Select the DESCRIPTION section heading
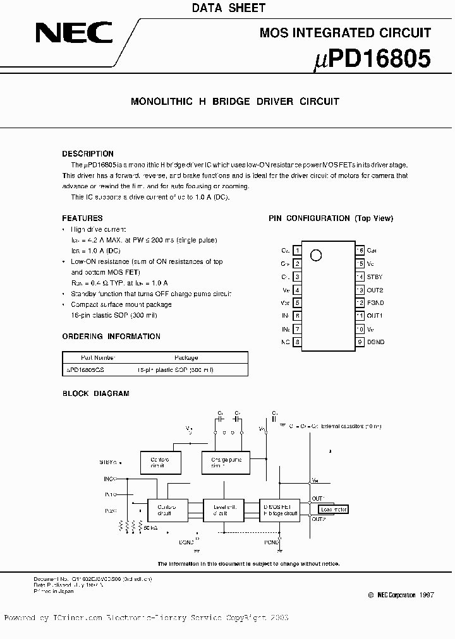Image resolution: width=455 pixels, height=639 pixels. tap(88, 153)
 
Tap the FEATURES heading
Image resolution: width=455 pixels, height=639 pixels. tap(83, 218)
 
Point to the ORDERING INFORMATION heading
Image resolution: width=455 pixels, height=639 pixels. tap(111, 337)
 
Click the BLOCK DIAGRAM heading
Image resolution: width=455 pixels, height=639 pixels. tap(95, 393)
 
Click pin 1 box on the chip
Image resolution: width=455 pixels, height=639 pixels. tap(297, 251)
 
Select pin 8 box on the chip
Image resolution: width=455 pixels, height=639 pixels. tap(297, 342)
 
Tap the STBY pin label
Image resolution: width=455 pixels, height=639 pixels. tap(375, 277)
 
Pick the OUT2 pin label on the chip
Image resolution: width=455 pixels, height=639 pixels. tap(375, 290)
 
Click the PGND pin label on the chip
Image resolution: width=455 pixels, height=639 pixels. tap(375, 303)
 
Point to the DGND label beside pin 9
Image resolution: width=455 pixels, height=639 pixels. tap(375, 342)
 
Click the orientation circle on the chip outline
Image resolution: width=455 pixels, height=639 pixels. tap(317, 255)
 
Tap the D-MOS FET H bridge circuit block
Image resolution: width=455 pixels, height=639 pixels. tap(280, 510)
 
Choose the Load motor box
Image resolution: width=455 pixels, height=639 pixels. tap(333, 509)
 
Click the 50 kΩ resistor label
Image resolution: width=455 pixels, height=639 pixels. tap(150, 527)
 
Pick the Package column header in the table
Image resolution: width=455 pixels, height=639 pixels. tap(185, 357)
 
